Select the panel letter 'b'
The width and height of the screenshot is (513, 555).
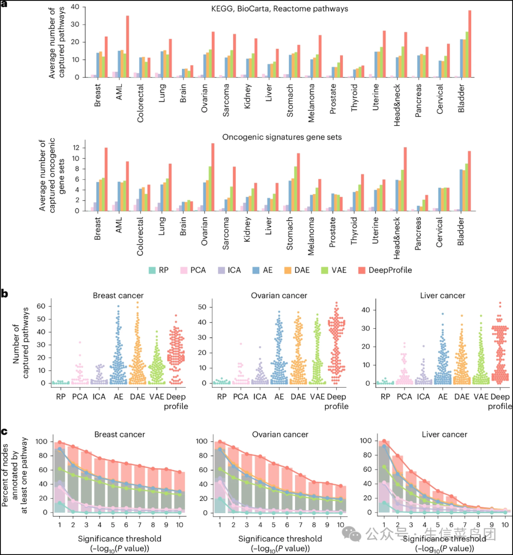click(x=5, y=293)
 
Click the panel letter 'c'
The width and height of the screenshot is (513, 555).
click(x=4, y=431)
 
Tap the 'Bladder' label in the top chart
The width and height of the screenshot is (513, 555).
click(x=461, y=97)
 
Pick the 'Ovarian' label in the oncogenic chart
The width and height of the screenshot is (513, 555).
click(x=205, y=230)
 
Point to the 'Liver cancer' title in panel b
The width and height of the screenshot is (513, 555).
click(x=442, y=296)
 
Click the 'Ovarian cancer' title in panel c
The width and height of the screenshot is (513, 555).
click(x=279, y=434)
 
